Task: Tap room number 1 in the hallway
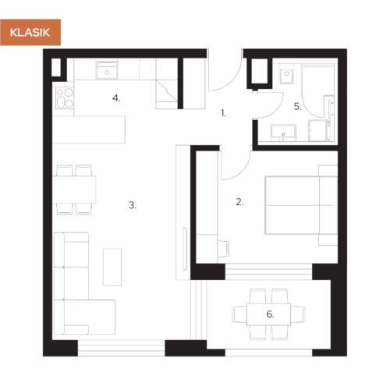click(x=224, y=114)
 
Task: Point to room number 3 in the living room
click(x=133, y=206)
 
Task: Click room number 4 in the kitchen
click(x=115, y=98)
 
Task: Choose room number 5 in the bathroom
click(x=297, y=107)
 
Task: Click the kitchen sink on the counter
click(x=105, y=73)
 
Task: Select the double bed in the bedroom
click(x=300, y=204)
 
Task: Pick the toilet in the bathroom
click(x=284, y=76)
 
